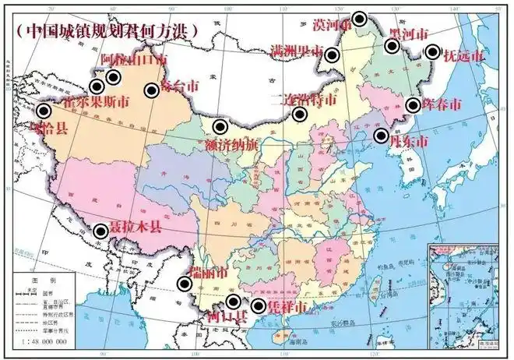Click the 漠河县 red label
(331, 25)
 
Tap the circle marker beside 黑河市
(392, 46)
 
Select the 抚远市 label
(464, 56)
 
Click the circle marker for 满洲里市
(332, 55)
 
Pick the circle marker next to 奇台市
(151, 90)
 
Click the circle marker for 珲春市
(413, 105)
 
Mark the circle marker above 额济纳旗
(220, 125)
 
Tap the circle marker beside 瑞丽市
(184, 284)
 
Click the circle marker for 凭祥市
(259, 303)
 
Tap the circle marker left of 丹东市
(381, 136)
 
